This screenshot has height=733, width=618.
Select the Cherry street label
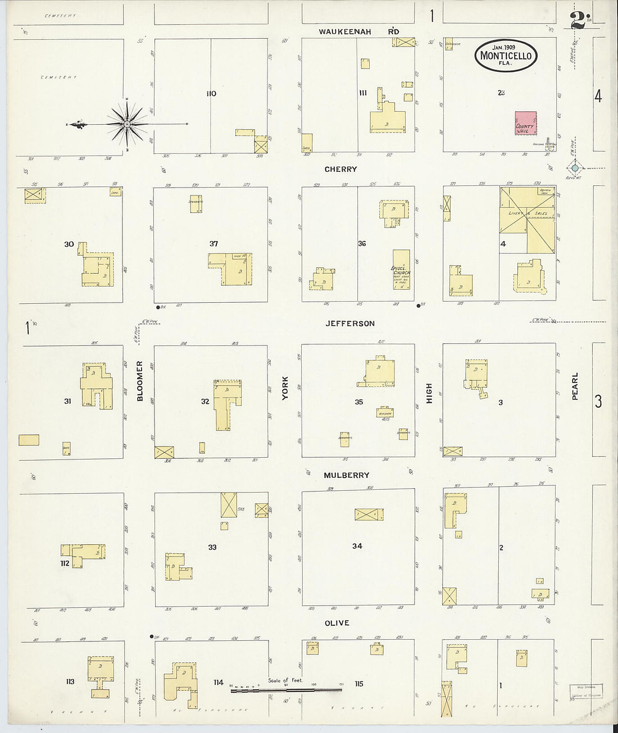point(340,169)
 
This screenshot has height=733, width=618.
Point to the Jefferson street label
point(349,324)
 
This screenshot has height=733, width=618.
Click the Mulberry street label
point(347,475)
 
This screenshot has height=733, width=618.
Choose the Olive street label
point(337,623)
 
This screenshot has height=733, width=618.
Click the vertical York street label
point(285,388)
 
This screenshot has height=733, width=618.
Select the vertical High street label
point(429,393)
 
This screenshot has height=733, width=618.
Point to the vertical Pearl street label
point(575,386)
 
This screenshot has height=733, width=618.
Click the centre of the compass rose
point(128,124)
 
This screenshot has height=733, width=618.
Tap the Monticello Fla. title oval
point(506,56)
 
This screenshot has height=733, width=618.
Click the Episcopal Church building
point(401,270)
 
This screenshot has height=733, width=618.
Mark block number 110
point(211,93)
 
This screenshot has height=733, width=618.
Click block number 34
point(357,545)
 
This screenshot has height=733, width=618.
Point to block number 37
point(213,244)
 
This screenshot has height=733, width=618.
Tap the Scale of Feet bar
point(287,689)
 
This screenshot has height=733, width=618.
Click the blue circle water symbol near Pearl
point(575,167)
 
